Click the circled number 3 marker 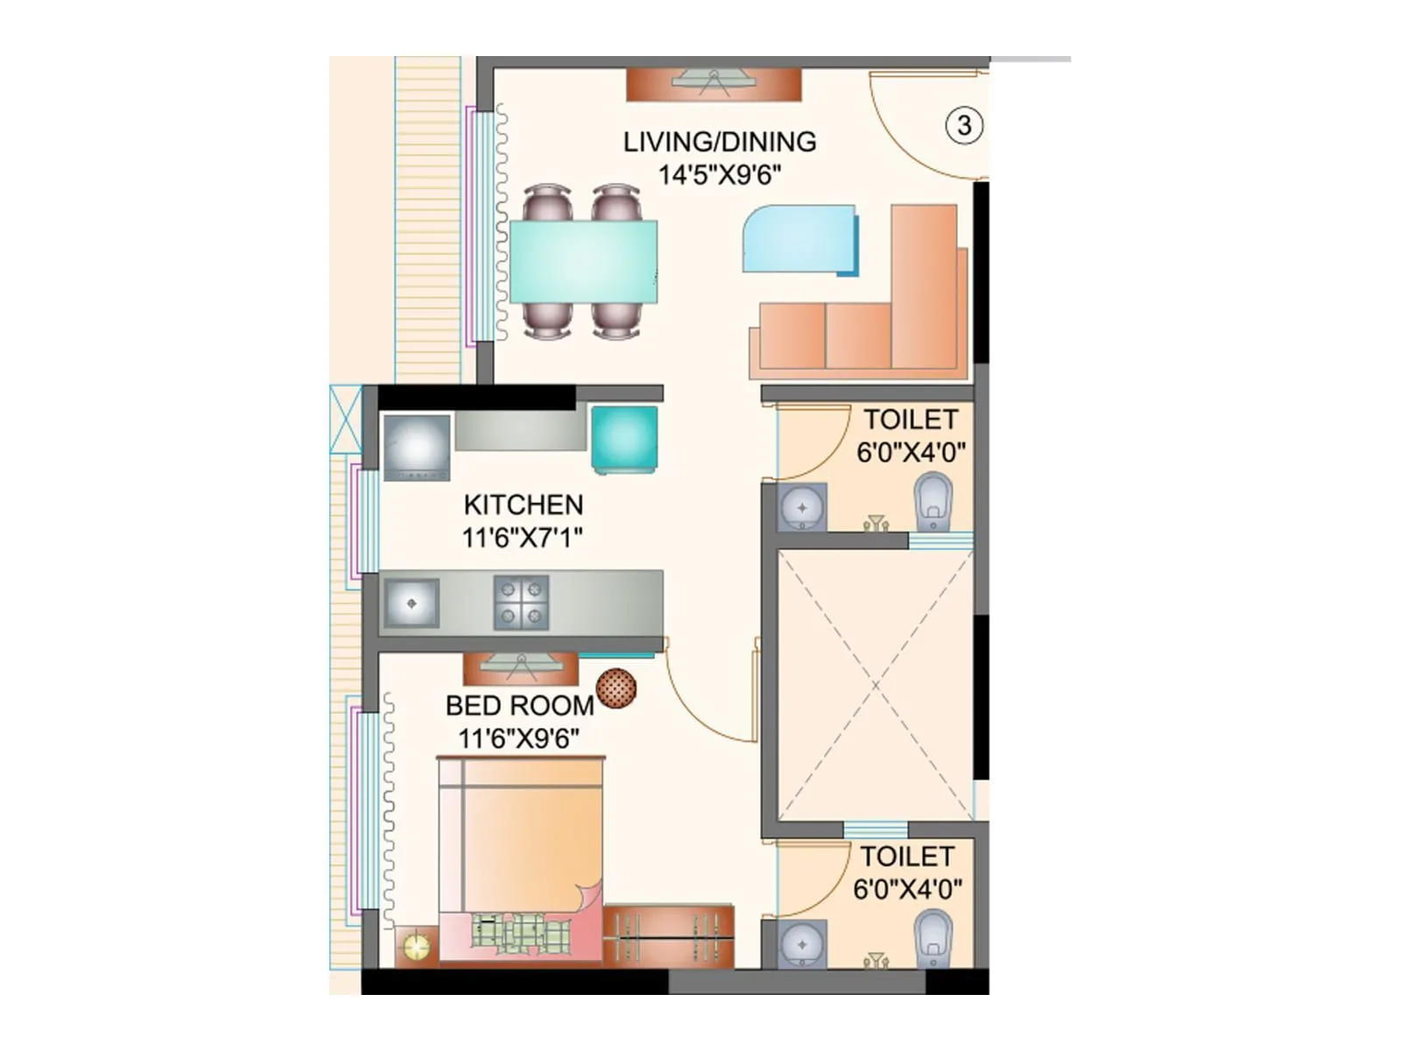[x=964, y=125]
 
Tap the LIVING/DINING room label [x=720, y=142]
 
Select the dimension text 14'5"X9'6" [x=720, y=175]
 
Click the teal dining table [x=583, y=262]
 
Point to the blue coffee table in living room [x=799, y=239]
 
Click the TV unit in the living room [x=714, y=84]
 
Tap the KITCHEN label [x=523, y=504]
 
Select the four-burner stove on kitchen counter [x=521, y=603]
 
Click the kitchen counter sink [x=412, y=603]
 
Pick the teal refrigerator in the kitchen [x=624, y=439]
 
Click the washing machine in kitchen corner [x=417, y=447]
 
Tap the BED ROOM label [x=519, y=705]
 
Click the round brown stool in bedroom [x=616, y=688]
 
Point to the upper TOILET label [x=911, y=420]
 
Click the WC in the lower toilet [x=933, y=938]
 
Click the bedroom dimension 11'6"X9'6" [x=518, y=738]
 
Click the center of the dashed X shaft [x=875, y=686]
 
